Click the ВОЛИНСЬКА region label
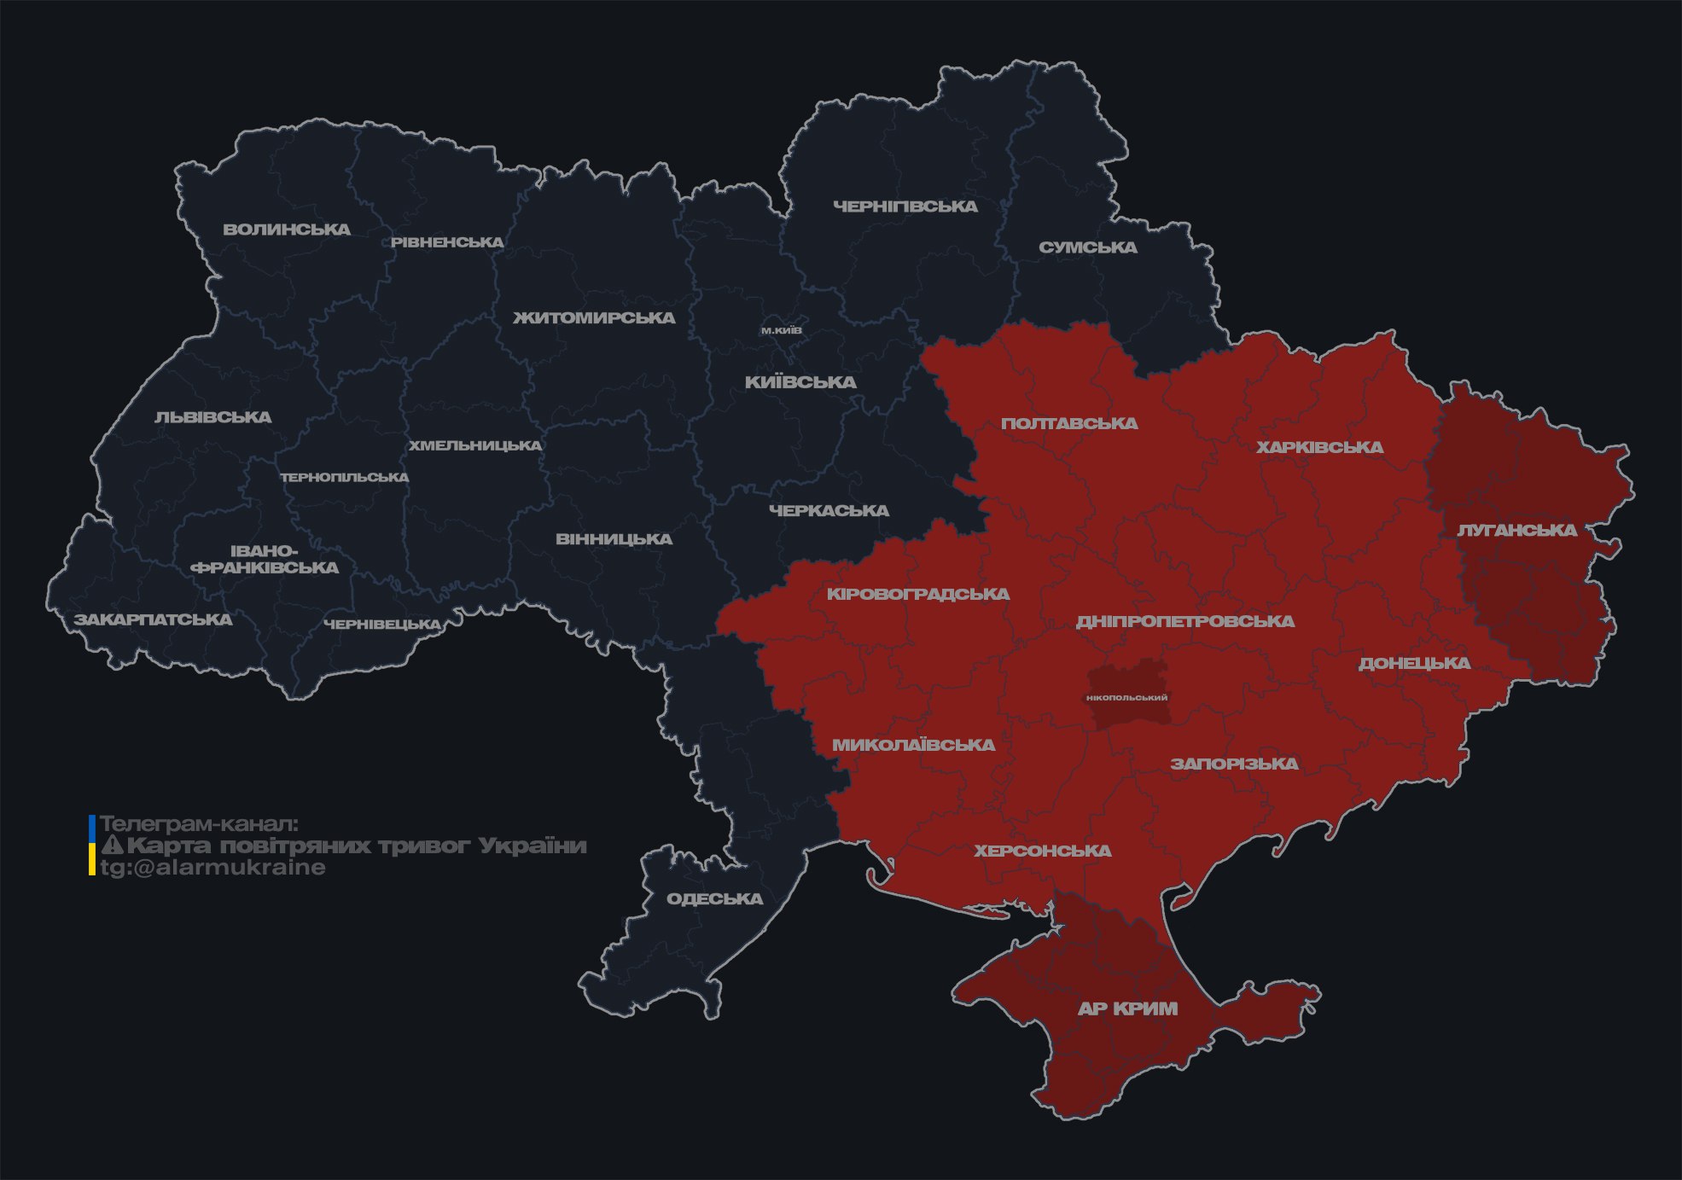point(287,230)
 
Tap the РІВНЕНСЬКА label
point(447,242)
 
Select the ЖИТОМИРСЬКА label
point(594,318)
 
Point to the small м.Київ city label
point(781,330)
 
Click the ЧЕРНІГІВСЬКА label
point(905,206)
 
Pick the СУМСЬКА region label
point(1088,247)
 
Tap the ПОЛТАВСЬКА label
point(1069,423)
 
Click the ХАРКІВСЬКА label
point(1319,447)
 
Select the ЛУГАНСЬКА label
point(1516,530)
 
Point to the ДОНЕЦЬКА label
point(1414,663)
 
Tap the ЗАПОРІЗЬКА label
point(1234,764)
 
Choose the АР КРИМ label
point(1127,1009)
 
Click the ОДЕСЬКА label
point(714,898)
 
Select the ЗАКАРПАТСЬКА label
point(153,619)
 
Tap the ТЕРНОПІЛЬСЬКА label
point(345,477)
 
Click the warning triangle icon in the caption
point(113,846)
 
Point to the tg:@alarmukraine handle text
point(212,868)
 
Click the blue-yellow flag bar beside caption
point(92,845)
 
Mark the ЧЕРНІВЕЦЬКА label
point(382,625)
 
